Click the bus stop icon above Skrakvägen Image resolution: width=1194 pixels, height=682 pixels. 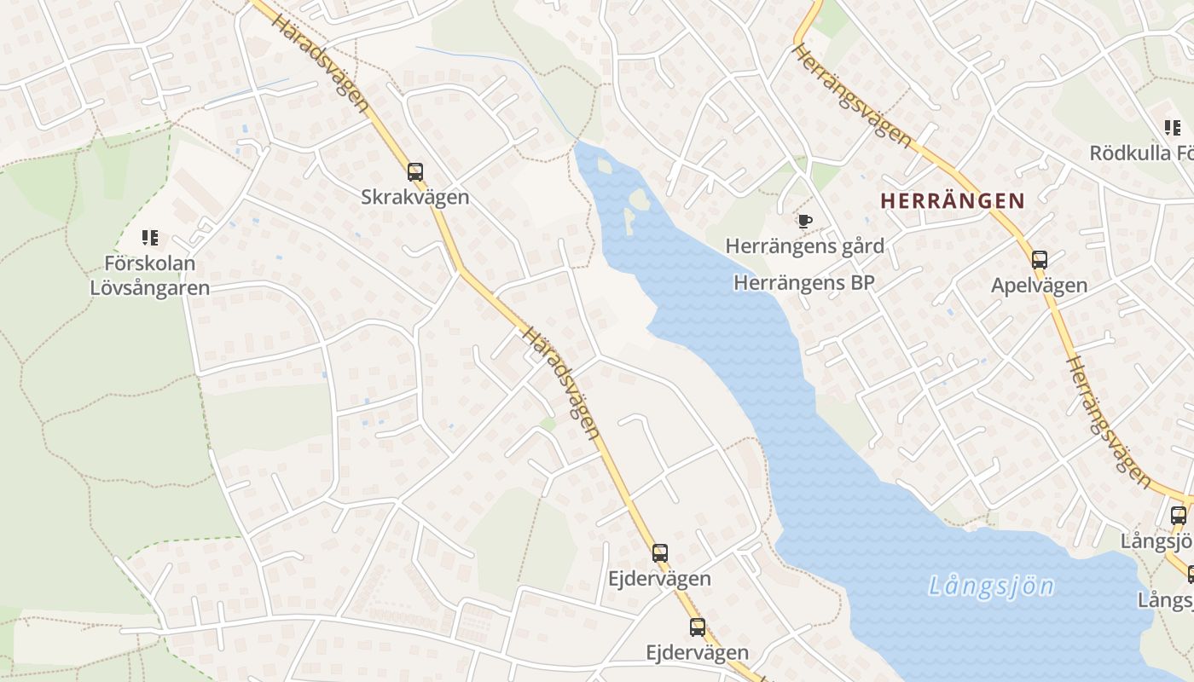415,172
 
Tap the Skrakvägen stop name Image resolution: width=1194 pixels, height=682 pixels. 415,197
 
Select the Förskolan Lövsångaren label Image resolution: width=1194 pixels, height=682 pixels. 150,275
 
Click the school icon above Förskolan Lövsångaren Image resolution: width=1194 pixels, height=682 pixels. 150,238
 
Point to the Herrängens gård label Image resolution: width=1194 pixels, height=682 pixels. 804,246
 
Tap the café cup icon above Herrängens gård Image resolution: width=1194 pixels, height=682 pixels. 803,222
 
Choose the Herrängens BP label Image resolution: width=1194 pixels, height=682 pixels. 804,282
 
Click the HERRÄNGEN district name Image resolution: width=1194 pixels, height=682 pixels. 952,201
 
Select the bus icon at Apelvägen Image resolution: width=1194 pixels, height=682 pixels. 1039,260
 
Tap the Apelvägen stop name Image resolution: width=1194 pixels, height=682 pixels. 1039,286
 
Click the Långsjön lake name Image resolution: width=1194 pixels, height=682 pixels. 991,587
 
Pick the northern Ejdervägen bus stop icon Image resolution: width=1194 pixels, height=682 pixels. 659,553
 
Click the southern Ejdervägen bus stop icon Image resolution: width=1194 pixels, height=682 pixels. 698,627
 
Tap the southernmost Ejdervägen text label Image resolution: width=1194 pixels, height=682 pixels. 698,653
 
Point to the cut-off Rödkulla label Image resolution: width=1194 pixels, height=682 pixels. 1141,153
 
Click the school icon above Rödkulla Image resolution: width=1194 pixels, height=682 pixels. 1173,129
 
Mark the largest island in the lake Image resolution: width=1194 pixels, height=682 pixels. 638,200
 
